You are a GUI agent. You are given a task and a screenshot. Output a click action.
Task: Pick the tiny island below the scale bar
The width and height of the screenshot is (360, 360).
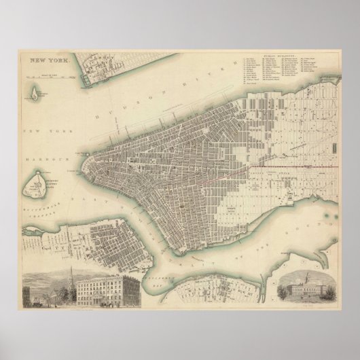33,94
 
